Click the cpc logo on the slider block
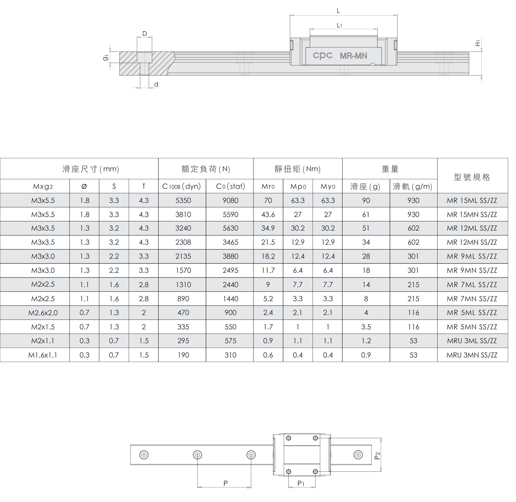322,56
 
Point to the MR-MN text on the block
353,56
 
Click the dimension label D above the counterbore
145,34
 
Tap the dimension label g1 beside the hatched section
106,57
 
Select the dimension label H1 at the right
478,43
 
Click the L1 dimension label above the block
339,25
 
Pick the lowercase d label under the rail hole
156,84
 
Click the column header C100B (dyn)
181,186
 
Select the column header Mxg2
43,187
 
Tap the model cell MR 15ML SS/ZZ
472,201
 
